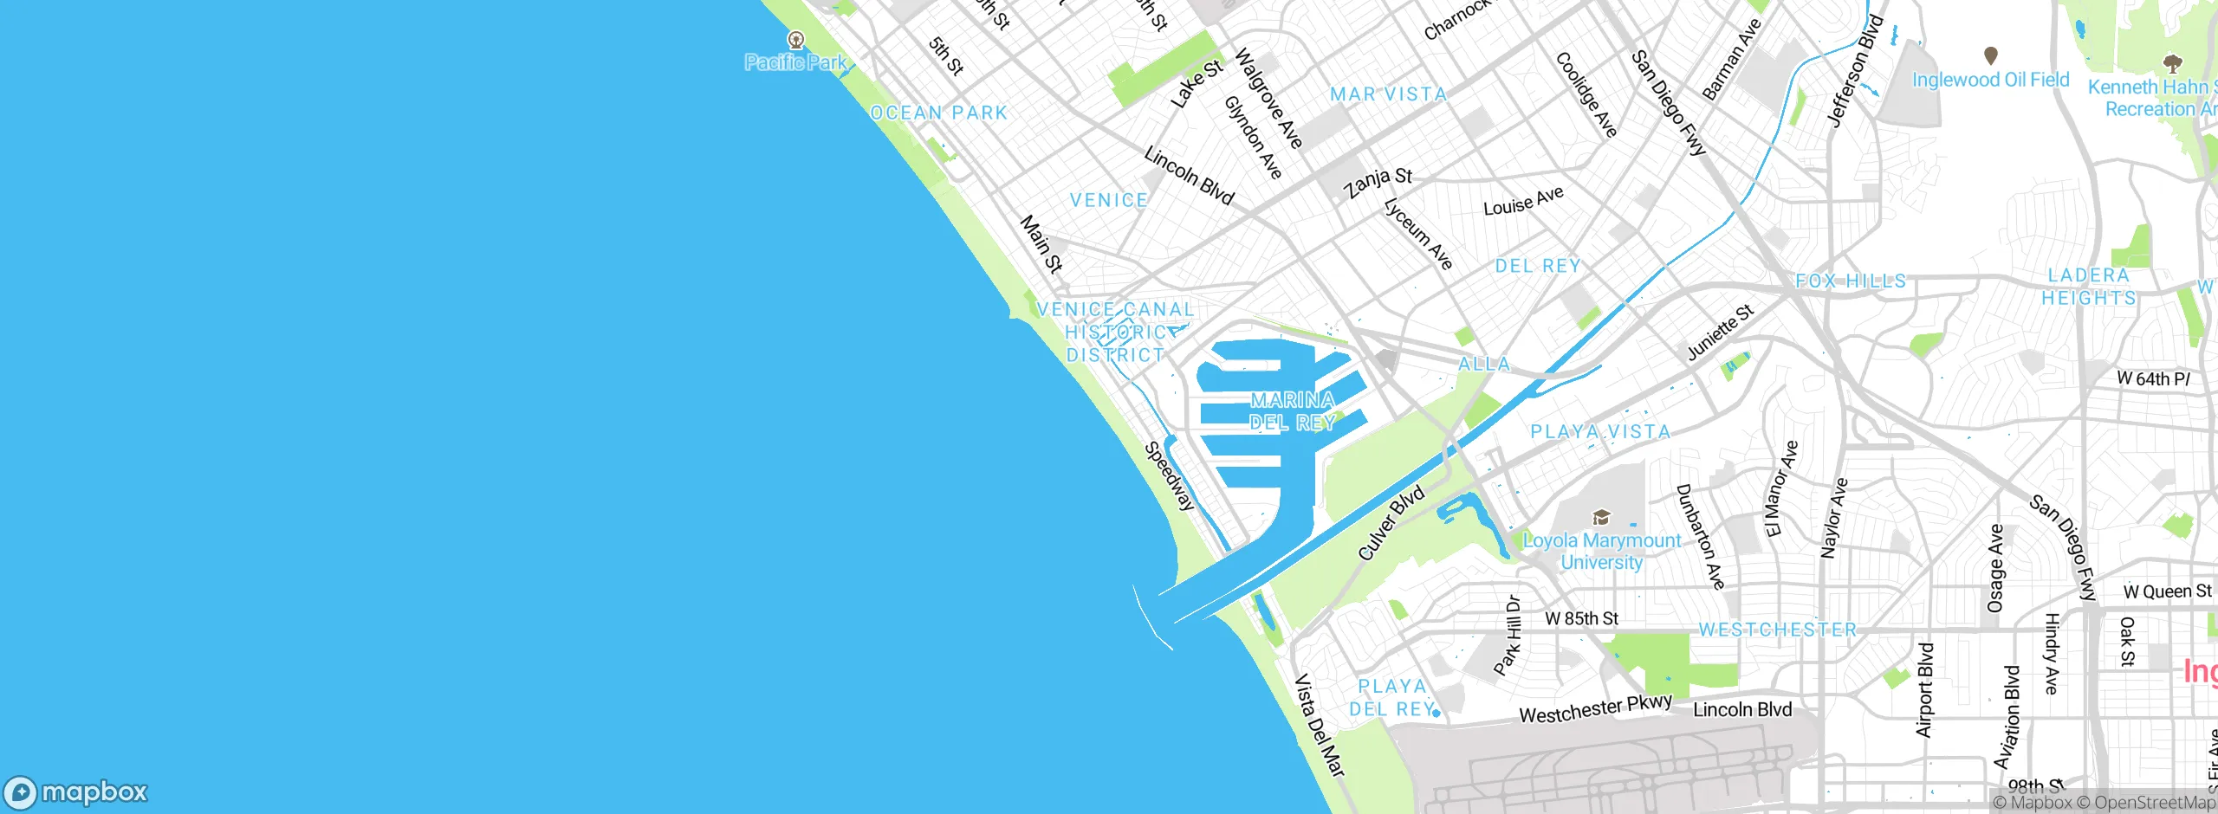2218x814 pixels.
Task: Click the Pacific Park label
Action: coord(795,62)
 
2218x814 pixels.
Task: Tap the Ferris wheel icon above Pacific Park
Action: coord(795,40)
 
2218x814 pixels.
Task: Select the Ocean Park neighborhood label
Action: coord(939,113)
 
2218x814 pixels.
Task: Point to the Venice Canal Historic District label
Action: coord(1115,333)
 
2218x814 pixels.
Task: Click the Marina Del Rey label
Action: coord(1292,411)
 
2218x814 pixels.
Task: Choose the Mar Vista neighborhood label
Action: coord(1388,94)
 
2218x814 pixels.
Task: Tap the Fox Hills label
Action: coord(1851,281)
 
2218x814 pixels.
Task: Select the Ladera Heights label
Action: coord(2088,287)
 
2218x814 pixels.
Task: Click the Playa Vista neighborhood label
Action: coord(1600,432)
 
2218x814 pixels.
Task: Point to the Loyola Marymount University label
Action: coord(1601,552)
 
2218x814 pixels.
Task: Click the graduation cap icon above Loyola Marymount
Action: coord(1601,518)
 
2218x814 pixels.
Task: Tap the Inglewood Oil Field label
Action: coord(1990,81)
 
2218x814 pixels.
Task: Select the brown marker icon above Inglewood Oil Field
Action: coord(1991,56)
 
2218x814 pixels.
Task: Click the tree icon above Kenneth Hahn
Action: coord(2172,63)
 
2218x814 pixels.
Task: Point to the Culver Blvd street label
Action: coord(1391,523)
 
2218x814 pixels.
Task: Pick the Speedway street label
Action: coord(1170,476)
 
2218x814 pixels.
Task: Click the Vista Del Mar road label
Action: coord(1319,726)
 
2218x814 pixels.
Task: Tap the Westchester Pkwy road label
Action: coord(1595,709)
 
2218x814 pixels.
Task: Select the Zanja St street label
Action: coord(1378,182)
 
